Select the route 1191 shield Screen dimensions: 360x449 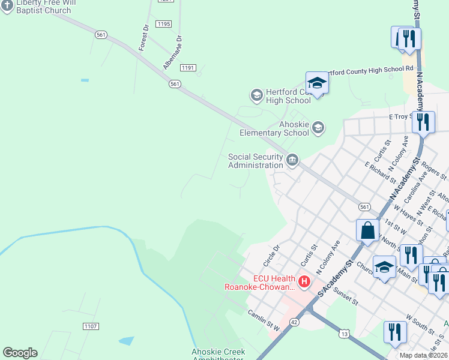[188, 68]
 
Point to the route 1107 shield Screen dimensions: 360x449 [91, 326]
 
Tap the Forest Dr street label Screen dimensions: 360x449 [143, 37]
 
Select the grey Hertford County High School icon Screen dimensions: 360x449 [256, 95]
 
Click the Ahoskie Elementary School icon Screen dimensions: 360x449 [318, 127]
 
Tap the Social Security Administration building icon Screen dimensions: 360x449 [292, 160]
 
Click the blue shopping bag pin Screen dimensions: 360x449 [367, 230]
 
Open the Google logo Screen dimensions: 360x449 [20, 353]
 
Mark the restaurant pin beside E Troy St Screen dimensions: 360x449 [424, 122]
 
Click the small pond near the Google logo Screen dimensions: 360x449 [127, 341]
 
